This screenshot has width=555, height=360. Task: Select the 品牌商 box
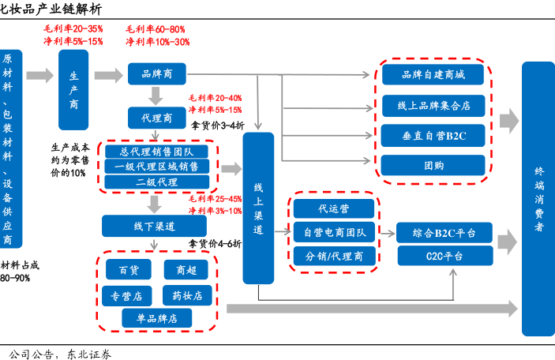pyautogui.click(x=157, y=75)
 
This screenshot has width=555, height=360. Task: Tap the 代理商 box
pyautogui.click(x=156, y=118)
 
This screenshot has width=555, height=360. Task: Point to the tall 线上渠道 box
pyautogui.click(x=257, y=208)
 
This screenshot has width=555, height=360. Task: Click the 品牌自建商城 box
pyautogui.click(x=433, y=76)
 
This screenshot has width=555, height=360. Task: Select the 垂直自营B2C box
pyautogui.click(x=433, y=135)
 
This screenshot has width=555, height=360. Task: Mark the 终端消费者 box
pyautogui.click(x=538, y=198)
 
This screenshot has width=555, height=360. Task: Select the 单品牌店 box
pyautogui.click(x=156, y=318)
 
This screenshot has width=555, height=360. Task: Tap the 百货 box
pyautogui.click(x=129, y=270)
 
